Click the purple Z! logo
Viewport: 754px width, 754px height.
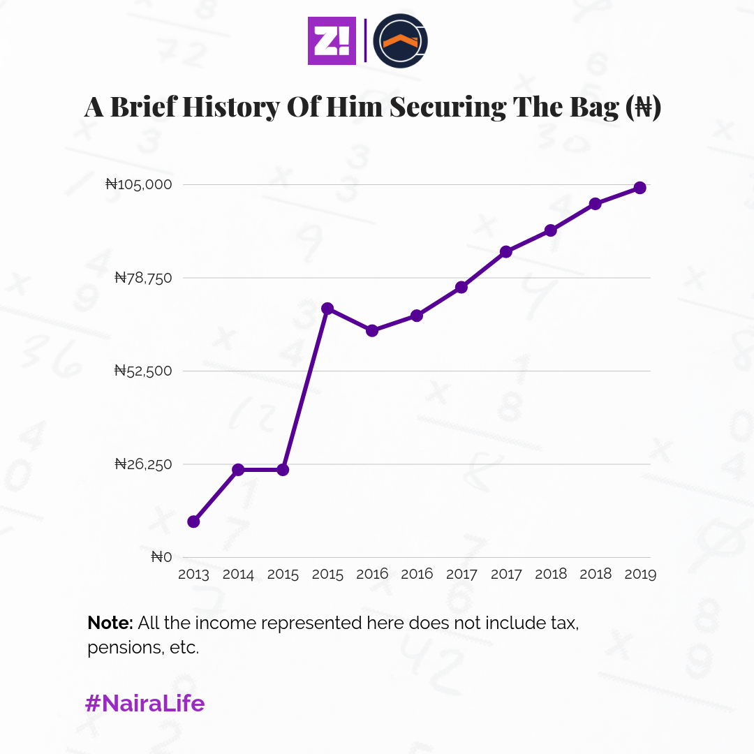(x=332, y=41)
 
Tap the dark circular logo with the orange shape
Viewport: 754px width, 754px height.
(x=400, y=41)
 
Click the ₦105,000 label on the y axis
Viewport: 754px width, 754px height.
(x=148, y=184)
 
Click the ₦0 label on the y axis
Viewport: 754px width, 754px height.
(x=161, y=557)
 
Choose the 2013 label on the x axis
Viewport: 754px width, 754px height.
(x=193, y=575)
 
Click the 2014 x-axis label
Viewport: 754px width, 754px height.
(x=238, y=575)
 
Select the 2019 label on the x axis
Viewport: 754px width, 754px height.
(x=640, y=575)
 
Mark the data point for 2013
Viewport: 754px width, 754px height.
(x=193, y=522)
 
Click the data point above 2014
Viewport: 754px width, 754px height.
(x=238, y=469)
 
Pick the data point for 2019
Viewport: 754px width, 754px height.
(x=640, y=188)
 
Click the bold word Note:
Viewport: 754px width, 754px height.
(x=110, y=623)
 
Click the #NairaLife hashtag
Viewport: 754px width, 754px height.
(x=145, y=703)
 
